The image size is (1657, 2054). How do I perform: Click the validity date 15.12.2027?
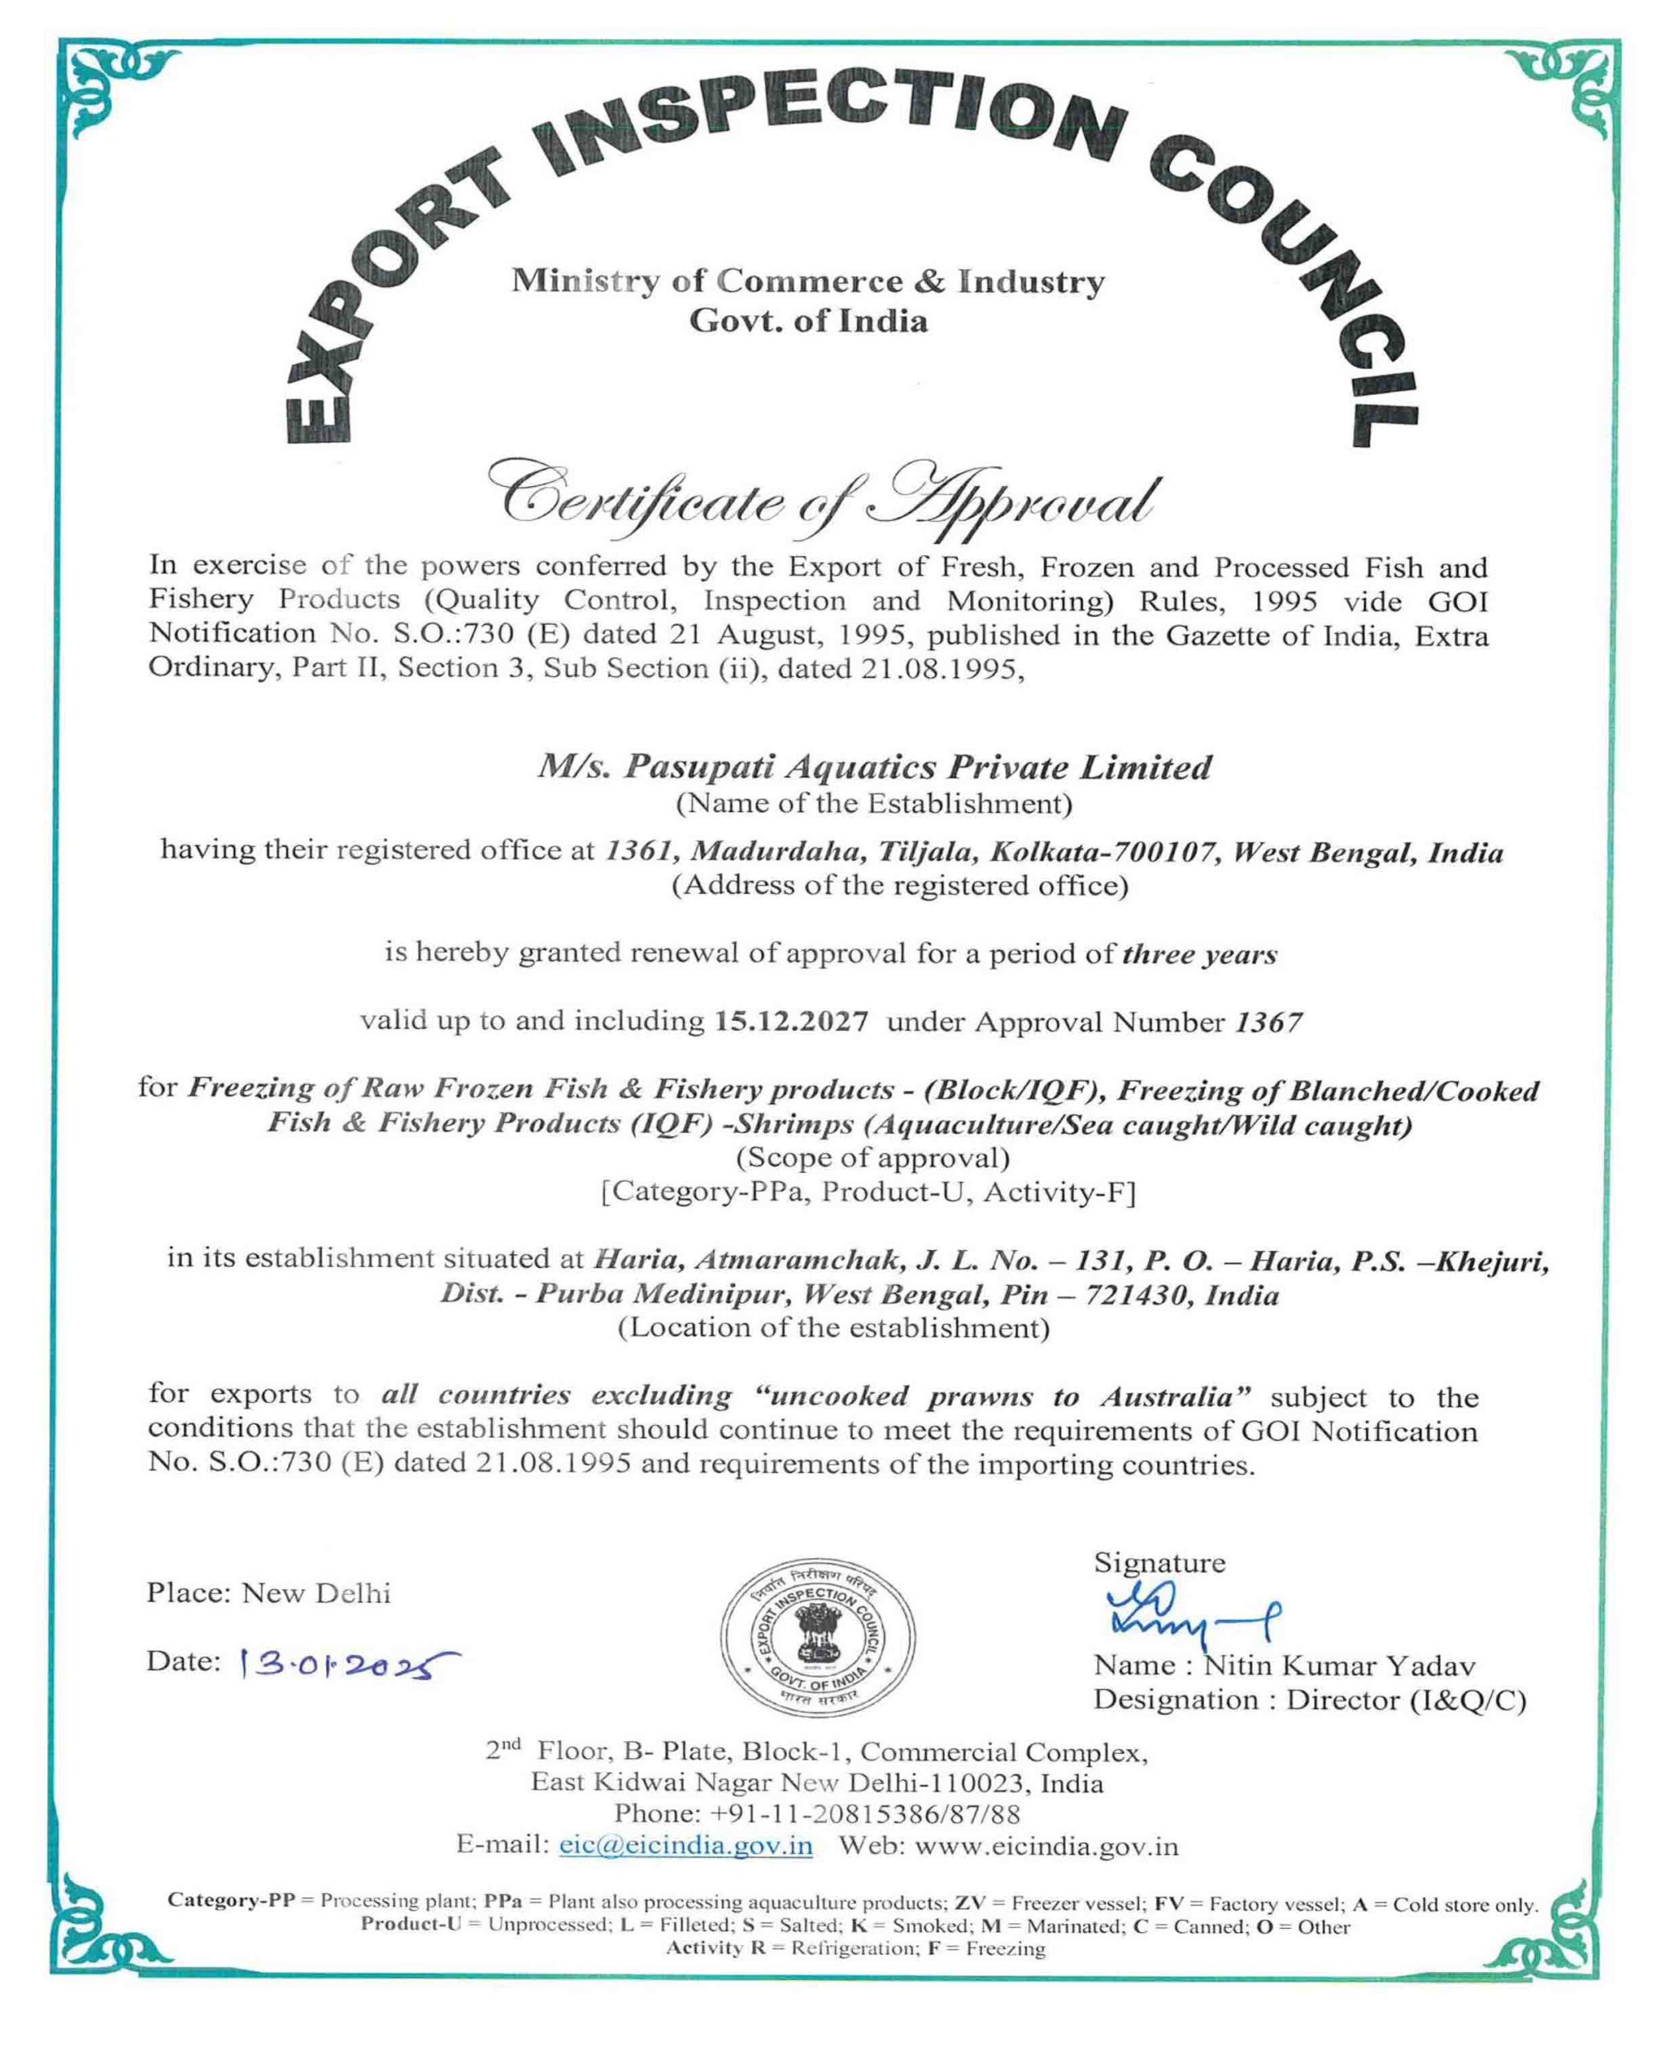click(791, 1022)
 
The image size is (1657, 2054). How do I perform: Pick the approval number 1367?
click(1269, 1023)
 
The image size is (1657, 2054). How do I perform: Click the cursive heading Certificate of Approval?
click(826, 500)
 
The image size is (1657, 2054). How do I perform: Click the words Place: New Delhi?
click(268, 1593)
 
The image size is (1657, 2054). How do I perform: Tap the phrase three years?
click(1199, 955)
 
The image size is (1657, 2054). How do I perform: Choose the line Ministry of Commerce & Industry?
click(807, 282)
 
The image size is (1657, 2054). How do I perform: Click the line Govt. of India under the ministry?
click(807, 321)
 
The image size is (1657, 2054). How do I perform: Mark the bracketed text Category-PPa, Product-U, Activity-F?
click(867, 1192)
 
